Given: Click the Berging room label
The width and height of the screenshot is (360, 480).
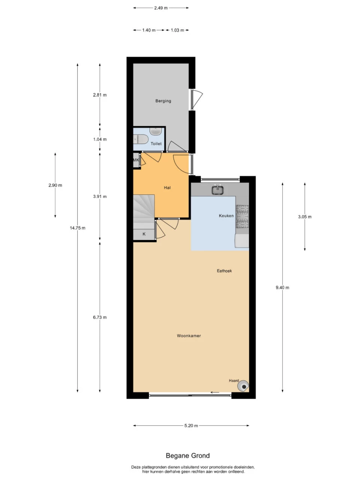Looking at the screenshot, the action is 163,101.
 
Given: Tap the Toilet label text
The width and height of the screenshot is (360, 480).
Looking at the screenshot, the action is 156,144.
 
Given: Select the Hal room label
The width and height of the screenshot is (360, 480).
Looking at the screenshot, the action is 167,187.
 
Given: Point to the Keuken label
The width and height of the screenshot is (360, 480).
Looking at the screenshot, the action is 226,216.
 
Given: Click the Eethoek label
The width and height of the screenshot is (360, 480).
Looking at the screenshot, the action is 224,271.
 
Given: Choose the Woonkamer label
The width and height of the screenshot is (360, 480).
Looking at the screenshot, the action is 189,336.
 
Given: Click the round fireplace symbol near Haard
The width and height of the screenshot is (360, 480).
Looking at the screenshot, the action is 243,385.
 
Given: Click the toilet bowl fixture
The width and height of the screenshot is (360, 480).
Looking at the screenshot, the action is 141,139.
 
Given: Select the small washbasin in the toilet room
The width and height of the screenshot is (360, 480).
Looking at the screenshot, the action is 156,131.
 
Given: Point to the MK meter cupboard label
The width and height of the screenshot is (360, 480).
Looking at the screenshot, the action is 136,160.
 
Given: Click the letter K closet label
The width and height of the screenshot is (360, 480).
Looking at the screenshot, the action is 144,234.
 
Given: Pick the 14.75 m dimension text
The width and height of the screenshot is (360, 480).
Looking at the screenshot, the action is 78,228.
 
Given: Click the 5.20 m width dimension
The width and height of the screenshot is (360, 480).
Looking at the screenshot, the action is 191,426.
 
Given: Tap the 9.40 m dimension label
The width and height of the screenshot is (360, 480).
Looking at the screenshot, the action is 282,288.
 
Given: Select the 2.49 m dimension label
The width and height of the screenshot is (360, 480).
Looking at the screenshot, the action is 161,8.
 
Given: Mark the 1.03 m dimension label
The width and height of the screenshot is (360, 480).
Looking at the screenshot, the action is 177,30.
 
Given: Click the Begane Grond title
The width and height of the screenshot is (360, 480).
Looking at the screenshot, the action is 188,456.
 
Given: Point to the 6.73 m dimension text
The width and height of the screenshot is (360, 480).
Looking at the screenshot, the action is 100,317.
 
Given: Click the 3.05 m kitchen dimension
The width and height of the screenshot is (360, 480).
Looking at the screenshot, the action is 305,217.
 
